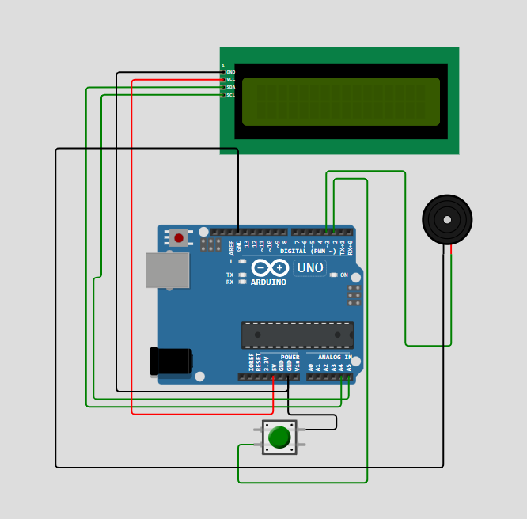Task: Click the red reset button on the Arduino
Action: click(179, 238)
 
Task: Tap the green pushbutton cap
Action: click(279, 437)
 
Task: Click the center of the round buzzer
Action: click(447, 220)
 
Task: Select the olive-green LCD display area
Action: click(341, 101)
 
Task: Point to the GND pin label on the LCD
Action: click(231, 72)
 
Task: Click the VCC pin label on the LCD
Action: click(231, 80)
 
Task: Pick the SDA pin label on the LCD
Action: click(231, 87)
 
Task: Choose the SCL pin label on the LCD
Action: click(231, 95)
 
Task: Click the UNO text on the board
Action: click(310, 268)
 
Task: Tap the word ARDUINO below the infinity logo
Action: click(268, 282)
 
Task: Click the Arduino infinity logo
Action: click(270, 267)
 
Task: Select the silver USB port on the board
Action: click(167, 271)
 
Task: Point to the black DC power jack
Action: click(171, 362)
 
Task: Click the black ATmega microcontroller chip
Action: click(298, 335)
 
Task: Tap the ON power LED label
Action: click(344, 275)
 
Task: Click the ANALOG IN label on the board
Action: click(335, 358)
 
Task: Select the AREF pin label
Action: click(232, 247)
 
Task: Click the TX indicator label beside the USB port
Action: click(229, 275)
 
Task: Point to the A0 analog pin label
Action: click(311, 367)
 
